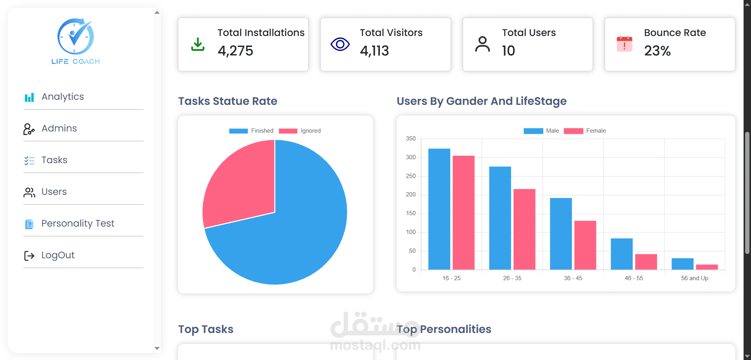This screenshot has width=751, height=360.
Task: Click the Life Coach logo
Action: click(75, 41)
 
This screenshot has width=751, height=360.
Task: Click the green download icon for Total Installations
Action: click(198, 44)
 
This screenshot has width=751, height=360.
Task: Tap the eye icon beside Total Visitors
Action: click(340, 44)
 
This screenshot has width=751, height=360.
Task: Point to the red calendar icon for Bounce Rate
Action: click(625, 44)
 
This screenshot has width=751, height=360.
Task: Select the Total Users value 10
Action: click(508, 51)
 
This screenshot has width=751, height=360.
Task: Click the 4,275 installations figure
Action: click(235, 51)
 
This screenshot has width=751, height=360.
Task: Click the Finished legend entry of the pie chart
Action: click(251, 131)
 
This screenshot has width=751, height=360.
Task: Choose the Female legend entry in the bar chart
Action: click(585, 131)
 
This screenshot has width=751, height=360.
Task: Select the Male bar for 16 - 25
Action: click(439, 209)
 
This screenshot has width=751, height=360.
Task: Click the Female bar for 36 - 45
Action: click(585, 245)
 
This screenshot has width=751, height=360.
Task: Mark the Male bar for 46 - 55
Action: click(622, 254)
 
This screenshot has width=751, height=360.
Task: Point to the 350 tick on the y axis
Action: click(411, 139)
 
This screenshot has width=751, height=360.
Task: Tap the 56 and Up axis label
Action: click(695, 278)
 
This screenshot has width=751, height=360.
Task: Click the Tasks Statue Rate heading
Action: click(228, 101)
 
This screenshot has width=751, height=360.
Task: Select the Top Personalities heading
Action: click(444, 329)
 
